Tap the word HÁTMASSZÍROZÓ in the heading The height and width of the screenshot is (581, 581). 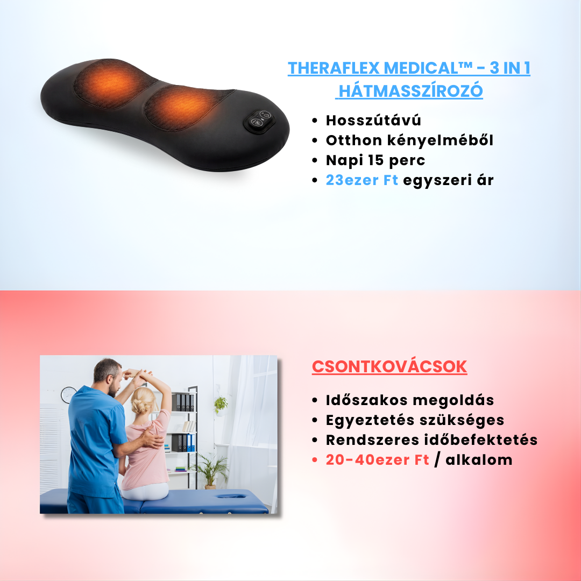(410, 91)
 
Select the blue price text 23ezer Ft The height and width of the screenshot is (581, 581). (362, 180)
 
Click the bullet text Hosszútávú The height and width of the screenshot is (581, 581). (373, 121)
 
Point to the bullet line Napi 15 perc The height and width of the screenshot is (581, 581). (375, 160)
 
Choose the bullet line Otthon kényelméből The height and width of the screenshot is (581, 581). (409, 140)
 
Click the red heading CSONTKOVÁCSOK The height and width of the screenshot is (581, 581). (389, 367)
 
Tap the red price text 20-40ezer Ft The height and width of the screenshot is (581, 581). (377, 460)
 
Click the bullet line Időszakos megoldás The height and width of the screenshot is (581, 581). (410, 400)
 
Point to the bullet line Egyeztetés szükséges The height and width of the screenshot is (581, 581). (415, 420)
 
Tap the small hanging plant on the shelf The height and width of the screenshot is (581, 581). (221, 404)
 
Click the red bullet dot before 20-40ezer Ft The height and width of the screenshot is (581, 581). (315, 460)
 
